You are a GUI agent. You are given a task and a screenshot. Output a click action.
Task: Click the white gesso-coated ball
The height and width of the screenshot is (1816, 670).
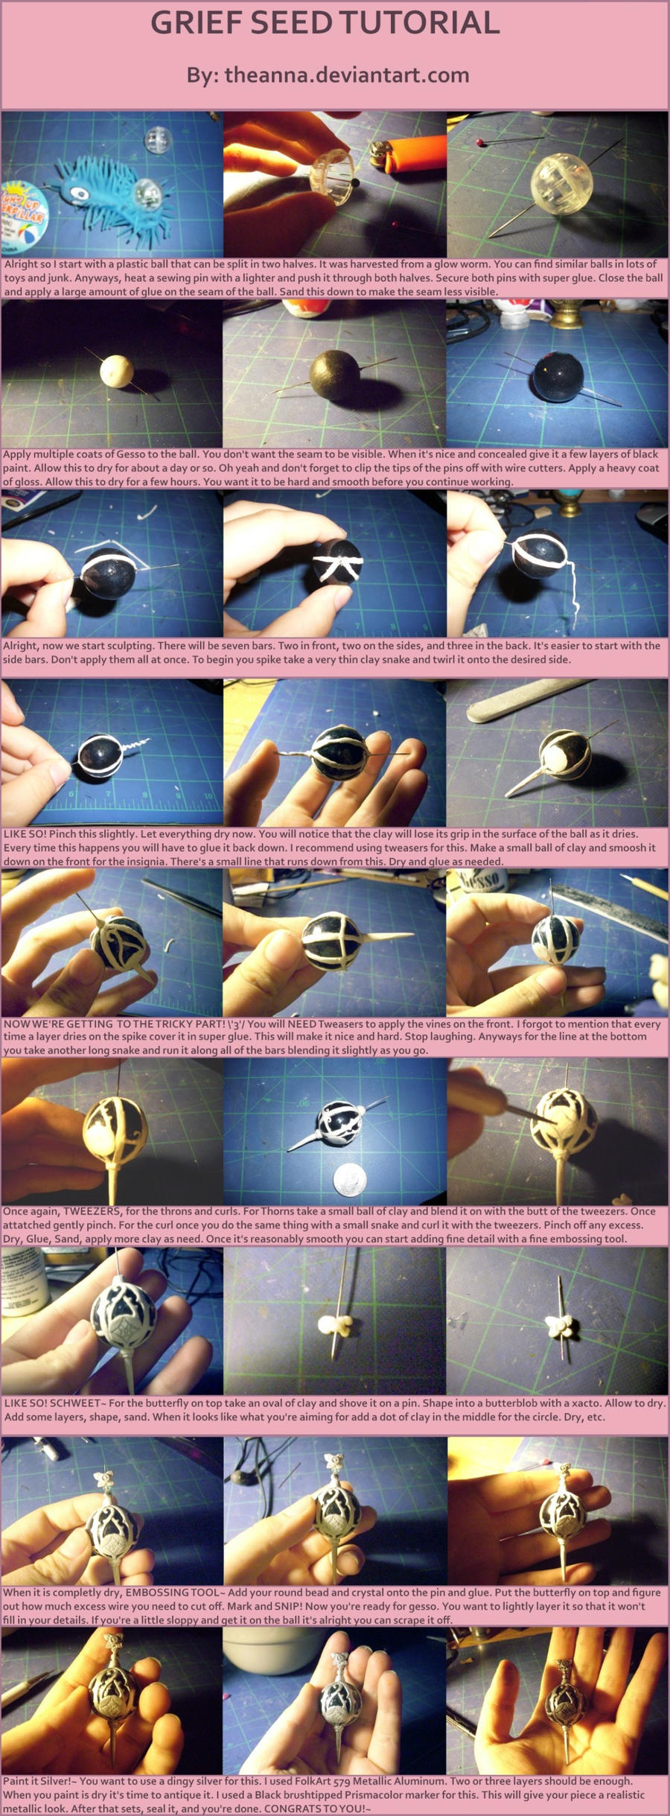coord(114,368)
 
